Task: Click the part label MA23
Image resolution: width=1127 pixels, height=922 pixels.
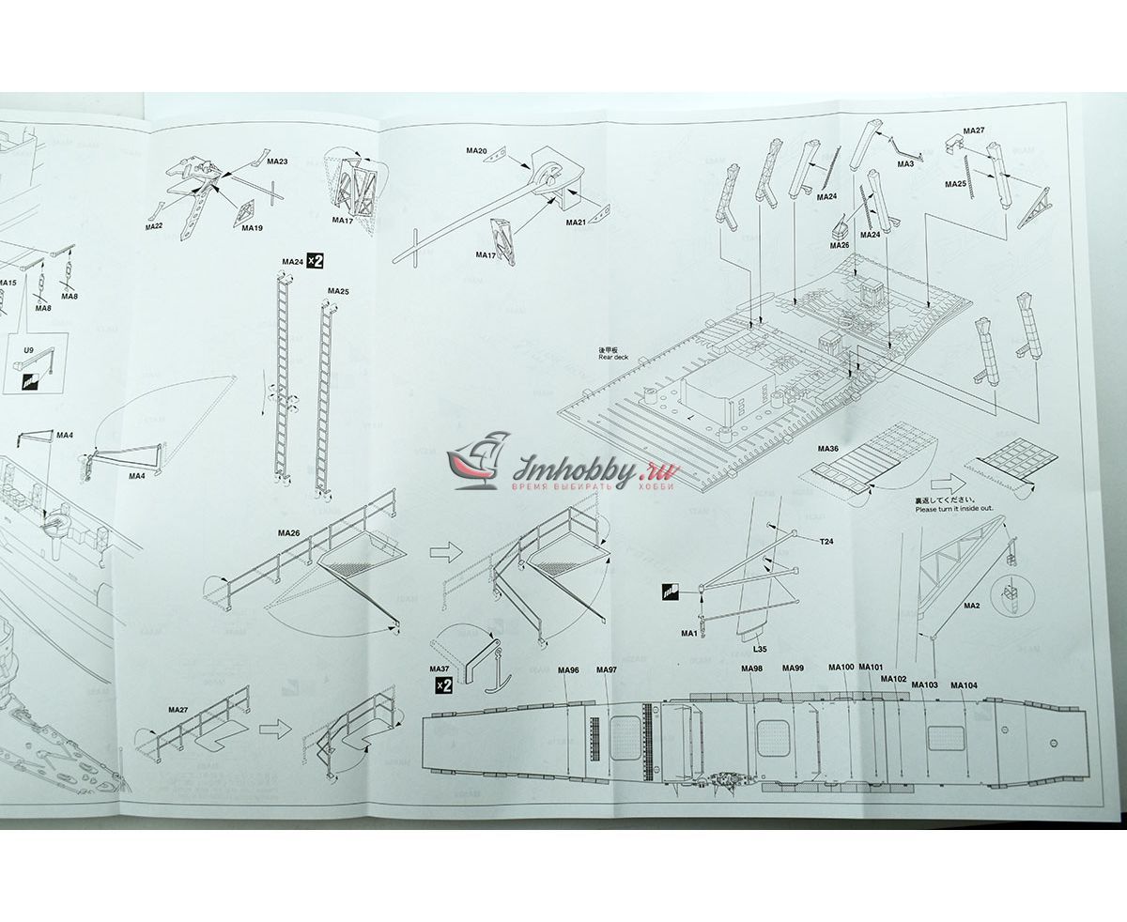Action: point(277,161)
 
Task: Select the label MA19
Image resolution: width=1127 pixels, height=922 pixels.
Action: point(252,228)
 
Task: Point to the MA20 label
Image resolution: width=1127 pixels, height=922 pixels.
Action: point(476,151)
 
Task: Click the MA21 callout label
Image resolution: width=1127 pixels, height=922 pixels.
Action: point(576,223)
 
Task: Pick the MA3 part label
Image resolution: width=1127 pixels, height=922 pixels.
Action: point(905,164)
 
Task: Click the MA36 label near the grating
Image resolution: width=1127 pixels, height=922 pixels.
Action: point(827,449)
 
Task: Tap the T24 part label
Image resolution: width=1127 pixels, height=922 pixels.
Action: point(826,542)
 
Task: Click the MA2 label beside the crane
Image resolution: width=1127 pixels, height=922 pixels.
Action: point(972,606)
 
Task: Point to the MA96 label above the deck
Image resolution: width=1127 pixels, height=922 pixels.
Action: point(568,670)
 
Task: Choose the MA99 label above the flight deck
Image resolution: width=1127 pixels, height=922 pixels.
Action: point(793,668)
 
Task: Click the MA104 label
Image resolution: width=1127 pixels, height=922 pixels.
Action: point(964,685)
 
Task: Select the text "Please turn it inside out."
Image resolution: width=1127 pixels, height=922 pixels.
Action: point(954,509)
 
